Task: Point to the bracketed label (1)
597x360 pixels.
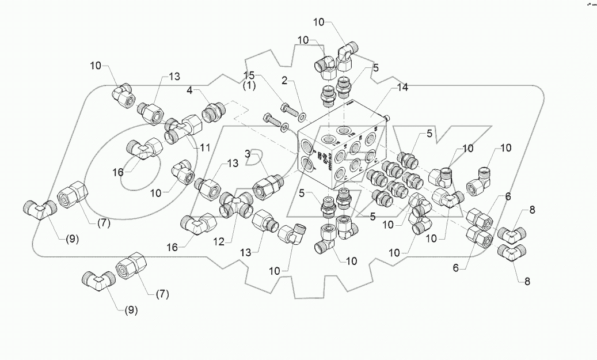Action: [249, 85]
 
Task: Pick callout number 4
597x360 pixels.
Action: [189, 90]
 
